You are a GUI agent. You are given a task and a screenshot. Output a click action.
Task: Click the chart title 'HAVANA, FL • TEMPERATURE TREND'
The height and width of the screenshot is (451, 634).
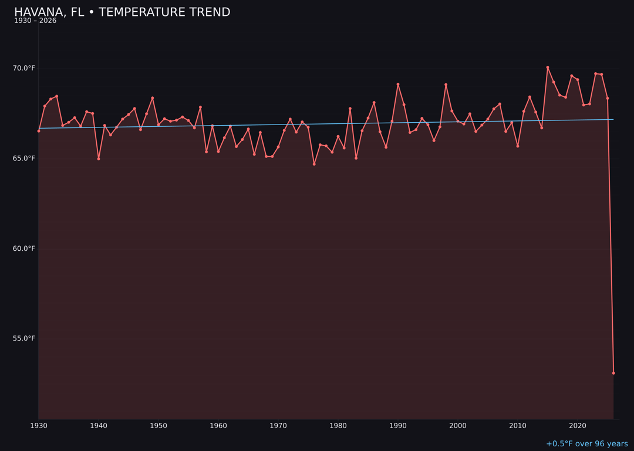122,12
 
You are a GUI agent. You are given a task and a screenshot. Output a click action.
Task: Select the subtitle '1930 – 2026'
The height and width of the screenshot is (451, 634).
35,21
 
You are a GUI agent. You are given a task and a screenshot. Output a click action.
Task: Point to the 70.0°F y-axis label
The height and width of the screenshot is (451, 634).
24,68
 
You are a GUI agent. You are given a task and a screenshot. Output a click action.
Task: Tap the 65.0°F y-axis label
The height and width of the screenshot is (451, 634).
24,159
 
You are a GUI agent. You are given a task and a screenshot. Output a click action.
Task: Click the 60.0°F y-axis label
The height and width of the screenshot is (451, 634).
24,248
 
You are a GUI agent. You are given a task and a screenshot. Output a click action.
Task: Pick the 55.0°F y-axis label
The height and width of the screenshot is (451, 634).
24,338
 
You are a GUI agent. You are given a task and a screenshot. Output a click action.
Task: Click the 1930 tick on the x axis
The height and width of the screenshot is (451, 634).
39,425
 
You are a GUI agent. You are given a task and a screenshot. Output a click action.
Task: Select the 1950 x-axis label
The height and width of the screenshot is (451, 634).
158,425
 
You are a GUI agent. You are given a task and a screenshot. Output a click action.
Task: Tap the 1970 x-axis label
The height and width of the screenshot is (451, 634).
278,425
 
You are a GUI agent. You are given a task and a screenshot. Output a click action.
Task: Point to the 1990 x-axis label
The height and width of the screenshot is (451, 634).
398,425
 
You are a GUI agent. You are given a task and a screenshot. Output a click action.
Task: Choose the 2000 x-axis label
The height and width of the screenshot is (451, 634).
458,425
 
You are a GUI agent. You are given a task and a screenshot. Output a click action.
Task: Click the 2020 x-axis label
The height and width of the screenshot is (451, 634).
578,425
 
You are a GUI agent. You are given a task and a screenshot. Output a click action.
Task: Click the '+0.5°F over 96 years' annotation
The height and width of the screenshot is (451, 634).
586,444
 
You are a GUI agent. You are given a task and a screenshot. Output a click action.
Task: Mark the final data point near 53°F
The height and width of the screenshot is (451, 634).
613,373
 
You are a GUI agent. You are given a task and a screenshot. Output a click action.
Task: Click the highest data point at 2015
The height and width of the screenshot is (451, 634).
548,68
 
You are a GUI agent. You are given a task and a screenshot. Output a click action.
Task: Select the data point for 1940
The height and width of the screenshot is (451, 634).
99,159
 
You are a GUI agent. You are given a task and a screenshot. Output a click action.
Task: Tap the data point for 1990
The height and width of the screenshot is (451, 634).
398,85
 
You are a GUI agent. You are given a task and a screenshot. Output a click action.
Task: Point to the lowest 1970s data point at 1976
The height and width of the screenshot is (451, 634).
314,164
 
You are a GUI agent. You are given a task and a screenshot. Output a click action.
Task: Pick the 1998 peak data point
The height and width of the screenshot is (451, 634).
446,85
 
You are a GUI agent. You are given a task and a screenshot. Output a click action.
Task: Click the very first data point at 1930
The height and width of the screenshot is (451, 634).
39,131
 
